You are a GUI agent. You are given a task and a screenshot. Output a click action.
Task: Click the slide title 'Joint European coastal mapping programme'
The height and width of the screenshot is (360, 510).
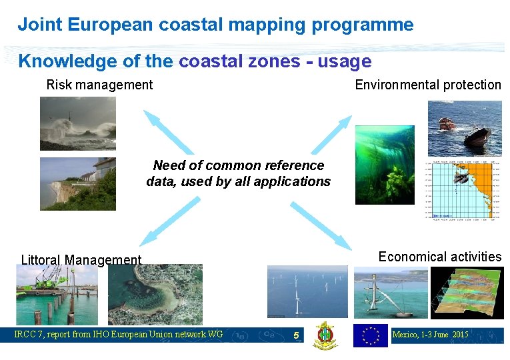tap(215, 25)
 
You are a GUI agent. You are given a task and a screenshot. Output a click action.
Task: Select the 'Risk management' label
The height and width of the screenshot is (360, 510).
tap(99, 85)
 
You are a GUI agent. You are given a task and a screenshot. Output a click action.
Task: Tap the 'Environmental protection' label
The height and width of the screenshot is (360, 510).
tap(427, 85)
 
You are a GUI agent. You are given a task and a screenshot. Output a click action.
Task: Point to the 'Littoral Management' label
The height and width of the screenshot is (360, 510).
tap(81, 260)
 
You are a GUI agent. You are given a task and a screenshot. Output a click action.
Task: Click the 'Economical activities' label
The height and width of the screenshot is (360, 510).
tap(439, 257)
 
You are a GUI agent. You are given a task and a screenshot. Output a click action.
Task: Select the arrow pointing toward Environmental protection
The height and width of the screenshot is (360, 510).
tap(331, 135)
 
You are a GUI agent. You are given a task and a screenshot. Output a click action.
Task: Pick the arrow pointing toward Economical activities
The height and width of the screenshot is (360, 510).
tap(321, 225)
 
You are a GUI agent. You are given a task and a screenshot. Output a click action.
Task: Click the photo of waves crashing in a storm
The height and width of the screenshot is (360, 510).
tap(77, 123)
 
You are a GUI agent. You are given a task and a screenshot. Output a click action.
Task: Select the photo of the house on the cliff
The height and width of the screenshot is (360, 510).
tap(77, 183)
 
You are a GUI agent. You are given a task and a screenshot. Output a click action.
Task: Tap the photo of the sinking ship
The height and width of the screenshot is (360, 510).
tap(464, 127)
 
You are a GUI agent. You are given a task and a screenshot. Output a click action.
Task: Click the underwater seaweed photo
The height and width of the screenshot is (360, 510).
tap(384, 164)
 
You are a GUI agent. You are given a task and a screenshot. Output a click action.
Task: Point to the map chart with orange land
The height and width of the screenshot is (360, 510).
tap(462, 190)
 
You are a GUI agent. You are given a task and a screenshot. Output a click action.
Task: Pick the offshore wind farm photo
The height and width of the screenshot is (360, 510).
tap(307, 291)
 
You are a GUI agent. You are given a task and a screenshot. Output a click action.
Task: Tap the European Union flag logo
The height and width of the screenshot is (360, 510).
tap(370, 335)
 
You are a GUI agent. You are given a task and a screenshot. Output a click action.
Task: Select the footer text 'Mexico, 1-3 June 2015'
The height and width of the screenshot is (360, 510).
tap(431, 334)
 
